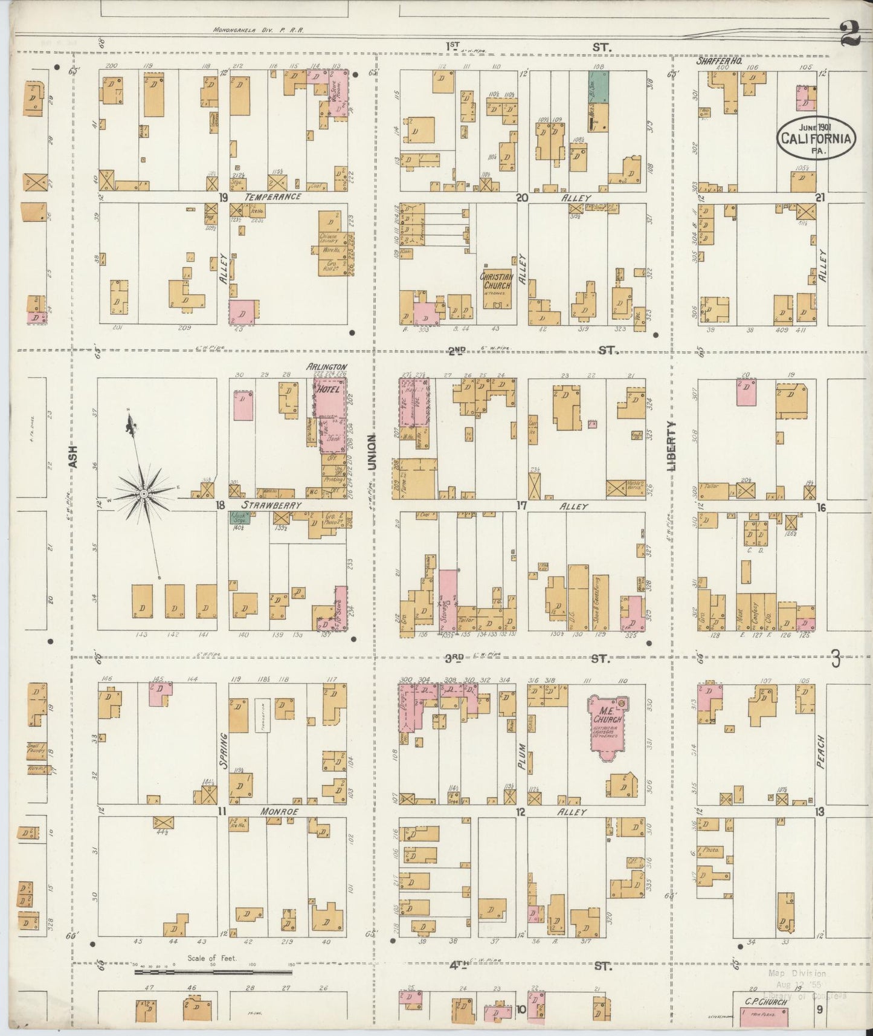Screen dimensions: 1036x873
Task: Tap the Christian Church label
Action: (x=496, y=281)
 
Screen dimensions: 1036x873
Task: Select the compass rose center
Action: (x=144, y=494)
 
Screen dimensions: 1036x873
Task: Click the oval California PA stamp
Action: (x=816, y=138)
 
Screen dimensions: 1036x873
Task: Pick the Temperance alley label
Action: (x=272, y=197)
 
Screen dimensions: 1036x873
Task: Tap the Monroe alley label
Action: (x=279, y=812)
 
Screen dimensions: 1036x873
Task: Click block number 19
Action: (x=223, y=197)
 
